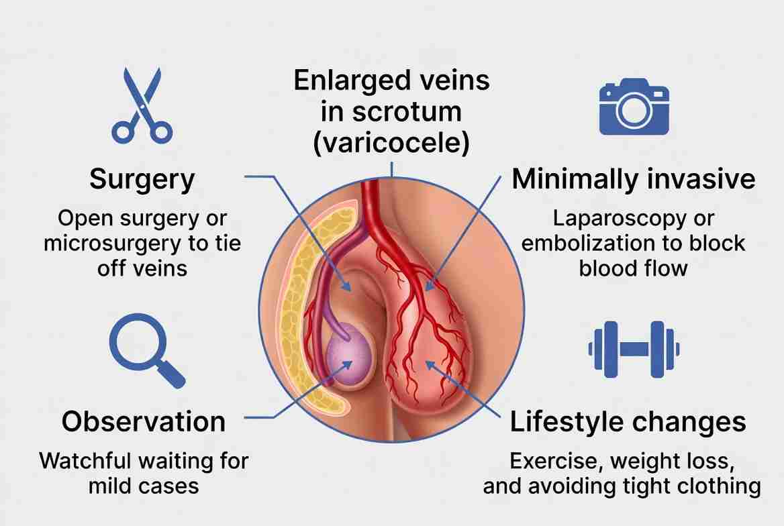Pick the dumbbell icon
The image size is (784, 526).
click(x=634, y=348)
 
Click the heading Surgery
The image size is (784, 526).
click(x=142, y=180)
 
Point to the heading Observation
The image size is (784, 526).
click(x=144, y=421)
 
